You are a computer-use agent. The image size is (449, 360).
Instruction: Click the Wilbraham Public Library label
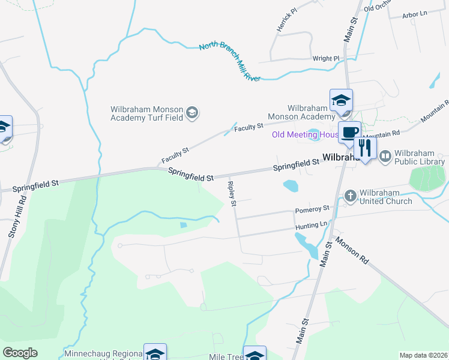coord(418,157)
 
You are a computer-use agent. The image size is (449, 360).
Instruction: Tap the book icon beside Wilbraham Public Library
coord(384,156)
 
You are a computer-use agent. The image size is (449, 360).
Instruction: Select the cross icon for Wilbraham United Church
coord(351,196)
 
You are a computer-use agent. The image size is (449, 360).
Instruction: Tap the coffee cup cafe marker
coord(348,133)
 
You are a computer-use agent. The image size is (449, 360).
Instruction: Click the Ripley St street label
coord(232,192)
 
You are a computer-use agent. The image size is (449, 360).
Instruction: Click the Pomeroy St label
coord(312,209)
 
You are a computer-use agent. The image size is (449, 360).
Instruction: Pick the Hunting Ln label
coord(311,224)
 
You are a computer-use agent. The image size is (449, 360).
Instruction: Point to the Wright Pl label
coord(326,58)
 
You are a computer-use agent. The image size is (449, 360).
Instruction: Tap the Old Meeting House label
coord(305,134)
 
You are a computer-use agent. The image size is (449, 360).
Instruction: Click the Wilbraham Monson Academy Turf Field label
coord(146,113)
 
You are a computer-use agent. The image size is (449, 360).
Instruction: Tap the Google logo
coord(20,353)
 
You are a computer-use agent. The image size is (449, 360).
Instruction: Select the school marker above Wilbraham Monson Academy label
coord(340,100)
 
